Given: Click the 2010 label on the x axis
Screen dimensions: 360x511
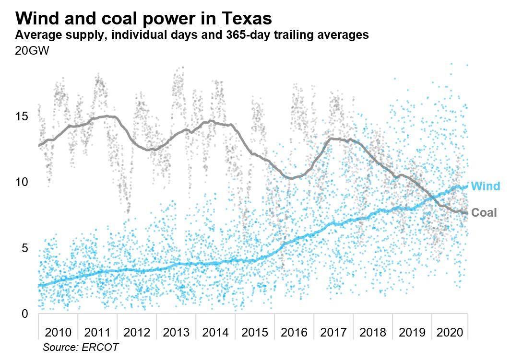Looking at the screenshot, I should (58, 332).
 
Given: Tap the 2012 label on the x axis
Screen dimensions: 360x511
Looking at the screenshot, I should (137, 332).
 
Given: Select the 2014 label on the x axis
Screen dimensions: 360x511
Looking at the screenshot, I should (215, 332).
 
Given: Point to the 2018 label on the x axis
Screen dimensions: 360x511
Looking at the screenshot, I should (373, 332).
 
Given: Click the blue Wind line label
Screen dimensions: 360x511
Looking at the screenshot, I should (485, 186).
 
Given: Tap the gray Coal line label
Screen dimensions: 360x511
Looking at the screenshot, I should (484, 213).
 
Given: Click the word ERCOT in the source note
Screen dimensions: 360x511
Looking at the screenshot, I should (101, 347).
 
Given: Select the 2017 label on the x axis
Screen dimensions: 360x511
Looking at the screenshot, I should (333, 332).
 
